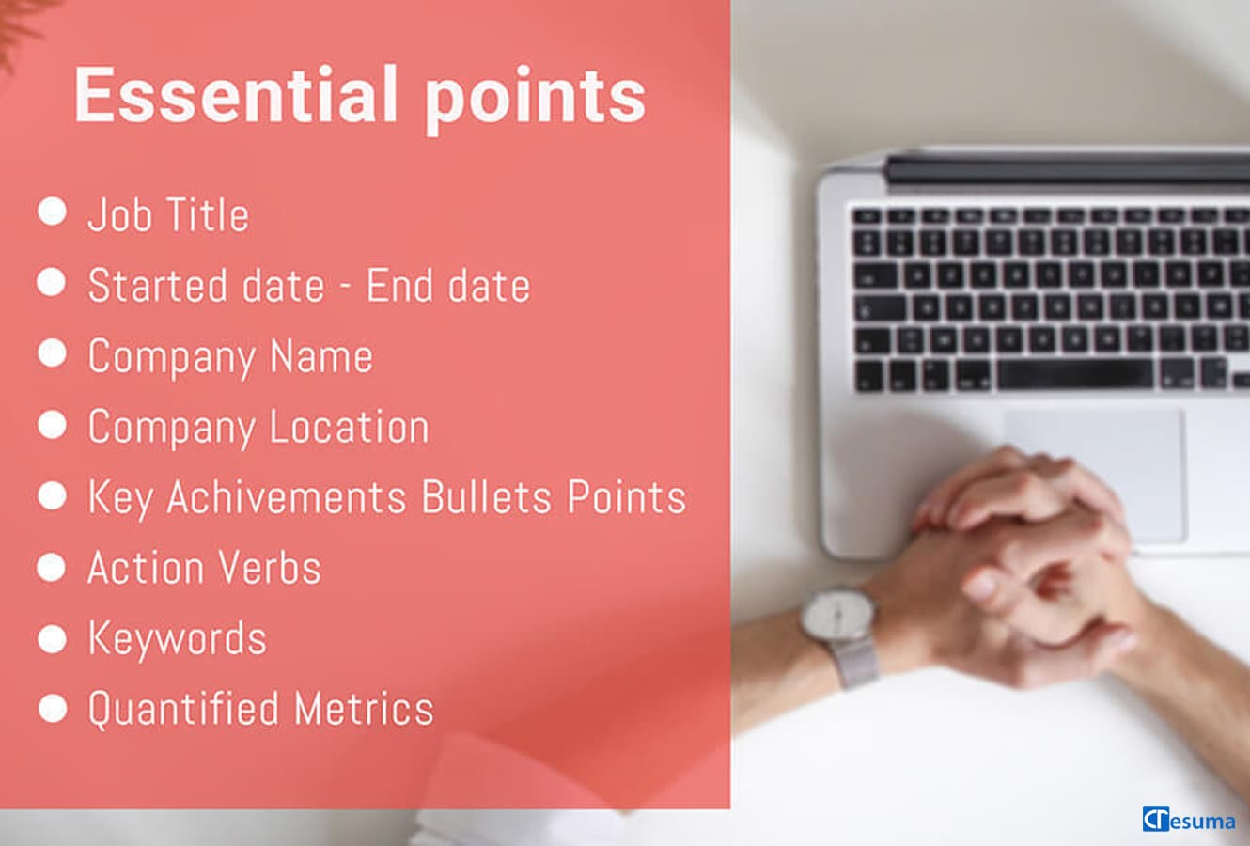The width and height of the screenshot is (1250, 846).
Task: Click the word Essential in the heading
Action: click(x=236, y=94)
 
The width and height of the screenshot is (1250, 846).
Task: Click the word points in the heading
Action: click(x=535, y=100)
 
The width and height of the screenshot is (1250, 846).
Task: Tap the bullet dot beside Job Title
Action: click(x=53, y=211)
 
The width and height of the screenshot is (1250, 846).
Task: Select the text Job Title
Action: click(x=168, y=215)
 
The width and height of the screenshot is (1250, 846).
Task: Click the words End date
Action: click(x=448, y=285)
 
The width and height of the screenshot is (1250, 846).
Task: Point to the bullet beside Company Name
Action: click(x=53, y=352)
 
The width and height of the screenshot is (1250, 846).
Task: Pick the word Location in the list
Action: click(x=350, y=427)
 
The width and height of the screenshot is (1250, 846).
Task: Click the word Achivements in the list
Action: click(x=287, y=496)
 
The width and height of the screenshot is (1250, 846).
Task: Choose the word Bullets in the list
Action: click(x=487, y=496)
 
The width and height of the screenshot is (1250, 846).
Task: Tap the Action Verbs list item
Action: click(x=204, y=568)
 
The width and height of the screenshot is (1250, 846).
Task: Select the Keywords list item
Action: click(x=178, y=638)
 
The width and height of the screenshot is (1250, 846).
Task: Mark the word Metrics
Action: click(x=364, y=709)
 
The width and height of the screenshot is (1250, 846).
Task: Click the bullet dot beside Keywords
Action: click(x=53, y=638)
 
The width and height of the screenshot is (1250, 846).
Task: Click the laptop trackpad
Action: click(x=1094, y=476)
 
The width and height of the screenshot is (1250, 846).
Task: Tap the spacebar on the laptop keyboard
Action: click(x=1075, y=374)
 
